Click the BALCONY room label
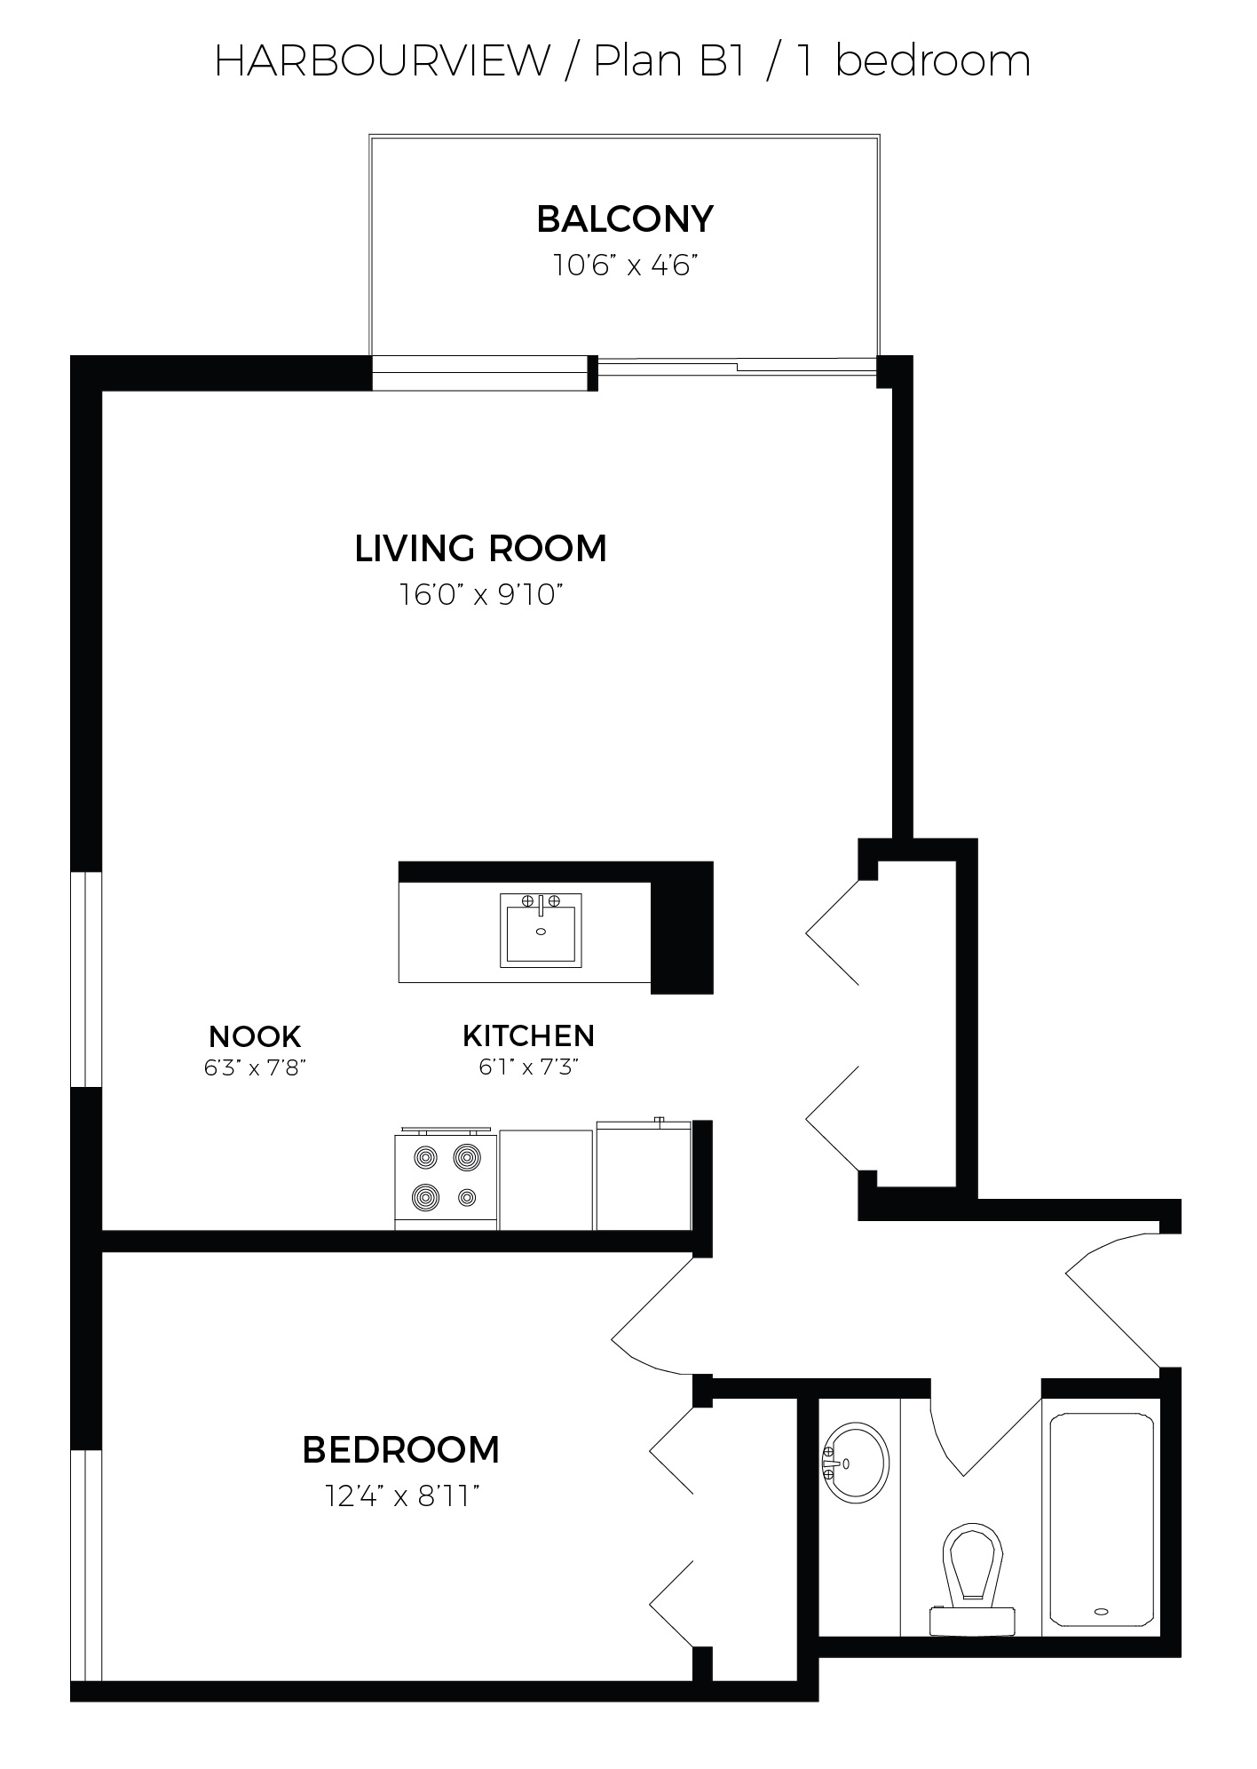[x=625, y=218]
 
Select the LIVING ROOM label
[x=480, y=548]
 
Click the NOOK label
[x=255, y=1036]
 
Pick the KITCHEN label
[x=528, y=1035]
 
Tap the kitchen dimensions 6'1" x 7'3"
[x=529, y=1067]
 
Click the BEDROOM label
[x=401, y=1450]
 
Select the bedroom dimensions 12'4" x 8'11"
[x=402, y=1497]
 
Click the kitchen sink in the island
[x=541, y=930]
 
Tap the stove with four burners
[x=446, y=1179]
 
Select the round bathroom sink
[x=856, y=1463]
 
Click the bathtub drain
[x=1103, y=1611]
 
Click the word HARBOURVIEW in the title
[x=382, y=60]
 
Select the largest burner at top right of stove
[x=467, y=1157]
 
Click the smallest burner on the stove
[x=467, y=1198]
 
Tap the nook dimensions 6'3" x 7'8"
[x=255, y=1067]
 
